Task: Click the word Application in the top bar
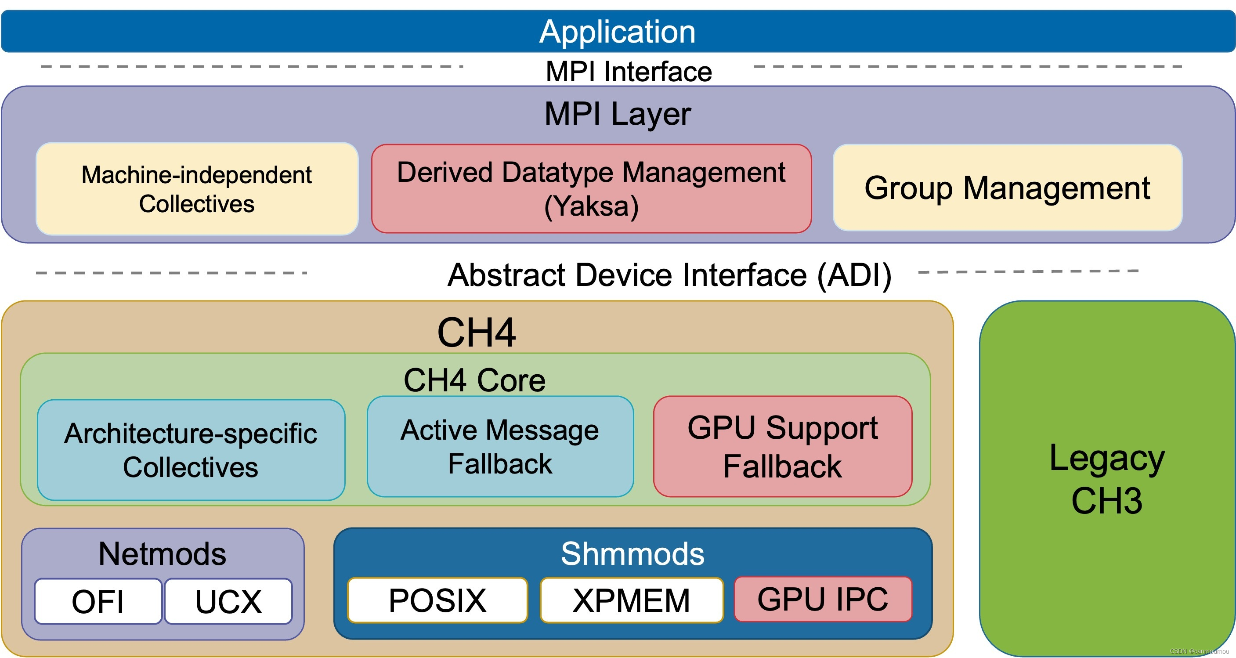click(x=618, y=32)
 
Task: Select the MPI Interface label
click(x=629, y=72)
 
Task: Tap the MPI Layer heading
click(x=618, y=114)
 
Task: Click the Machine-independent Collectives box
click(x=197, y=188)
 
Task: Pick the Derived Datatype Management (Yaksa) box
click(x=591, y=188)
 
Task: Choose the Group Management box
click(x=1007, y=188)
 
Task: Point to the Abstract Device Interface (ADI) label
click(x=669, y=275)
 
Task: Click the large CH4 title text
click(x=477, y=332)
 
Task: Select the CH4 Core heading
click(x=474, y=380)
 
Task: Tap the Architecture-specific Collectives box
click(x=191, y=450)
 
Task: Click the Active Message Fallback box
click(x=500, y=446)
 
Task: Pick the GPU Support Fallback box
click(x=783, y=446)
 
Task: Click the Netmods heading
click(x=162, y=554)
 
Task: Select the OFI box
click(x=98, y=601)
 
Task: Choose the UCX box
click(x=228, y=601)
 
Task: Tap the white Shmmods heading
click(x=632, y=554)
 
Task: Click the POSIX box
click(x=437, y=600)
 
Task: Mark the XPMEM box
click(x=632, y=600)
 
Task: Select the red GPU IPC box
click(x=823, y=600)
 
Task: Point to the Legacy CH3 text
click(x=1107, y=479)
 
